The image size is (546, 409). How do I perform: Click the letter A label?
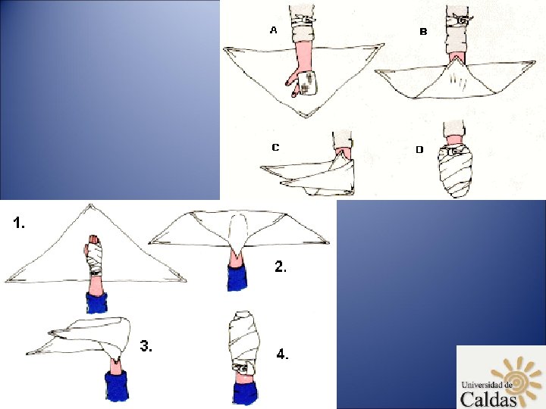(273, 30)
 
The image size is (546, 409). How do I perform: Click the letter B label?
(423, 32)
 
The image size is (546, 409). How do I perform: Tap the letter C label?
(275, 148)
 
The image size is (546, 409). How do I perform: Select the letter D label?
(419, 149)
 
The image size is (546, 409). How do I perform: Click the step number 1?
(19, 223)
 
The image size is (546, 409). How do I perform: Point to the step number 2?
(281, 267)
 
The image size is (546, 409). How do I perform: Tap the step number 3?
(146, 346)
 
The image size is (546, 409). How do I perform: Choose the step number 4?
(282, 354)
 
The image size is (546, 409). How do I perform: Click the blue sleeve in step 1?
(96, 302)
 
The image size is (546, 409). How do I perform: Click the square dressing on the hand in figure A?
(308, 83)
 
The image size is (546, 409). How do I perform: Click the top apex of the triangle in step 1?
(90, 205)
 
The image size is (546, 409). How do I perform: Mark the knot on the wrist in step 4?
(243, 367)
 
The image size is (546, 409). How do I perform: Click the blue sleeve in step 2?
(237, 277)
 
